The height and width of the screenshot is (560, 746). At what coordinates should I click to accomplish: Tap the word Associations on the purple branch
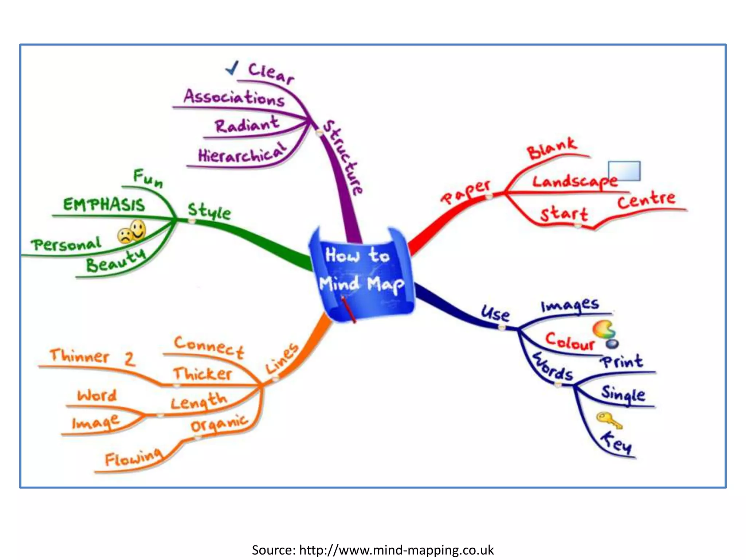(x=234, y=98)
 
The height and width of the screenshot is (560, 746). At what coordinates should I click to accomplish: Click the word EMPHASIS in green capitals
(x=104, y=204)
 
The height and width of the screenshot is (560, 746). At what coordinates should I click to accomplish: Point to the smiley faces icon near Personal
(x=132, y=231)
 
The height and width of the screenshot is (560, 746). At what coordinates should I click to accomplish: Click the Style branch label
(x=209, y=211)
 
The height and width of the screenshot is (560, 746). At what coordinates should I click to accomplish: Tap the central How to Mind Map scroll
(x=362, y=272)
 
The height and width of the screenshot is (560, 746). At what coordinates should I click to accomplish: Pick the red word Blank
(x=552, y=148)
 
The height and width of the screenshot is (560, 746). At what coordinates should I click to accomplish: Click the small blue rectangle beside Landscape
(x=624, y=171)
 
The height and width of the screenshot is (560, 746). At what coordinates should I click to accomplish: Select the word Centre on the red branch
(x=646, y=199)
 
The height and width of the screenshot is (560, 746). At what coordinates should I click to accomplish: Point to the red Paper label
(x=466, y=192)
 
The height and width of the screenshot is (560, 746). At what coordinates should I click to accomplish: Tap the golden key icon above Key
(x=608, y=420)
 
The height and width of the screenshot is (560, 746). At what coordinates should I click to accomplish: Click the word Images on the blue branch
(x=570, y=305)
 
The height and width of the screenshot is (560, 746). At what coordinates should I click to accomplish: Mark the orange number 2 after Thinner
(x=130, y=359)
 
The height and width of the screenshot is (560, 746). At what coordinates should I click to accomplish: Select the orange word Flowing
(x=133, y=457)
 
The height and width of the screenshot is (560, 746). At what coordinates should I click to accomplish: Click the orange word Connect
(x=209, y=347)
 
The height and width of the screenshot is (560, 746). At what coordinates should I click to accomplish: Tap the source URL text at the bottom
(x=373, y=550)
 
